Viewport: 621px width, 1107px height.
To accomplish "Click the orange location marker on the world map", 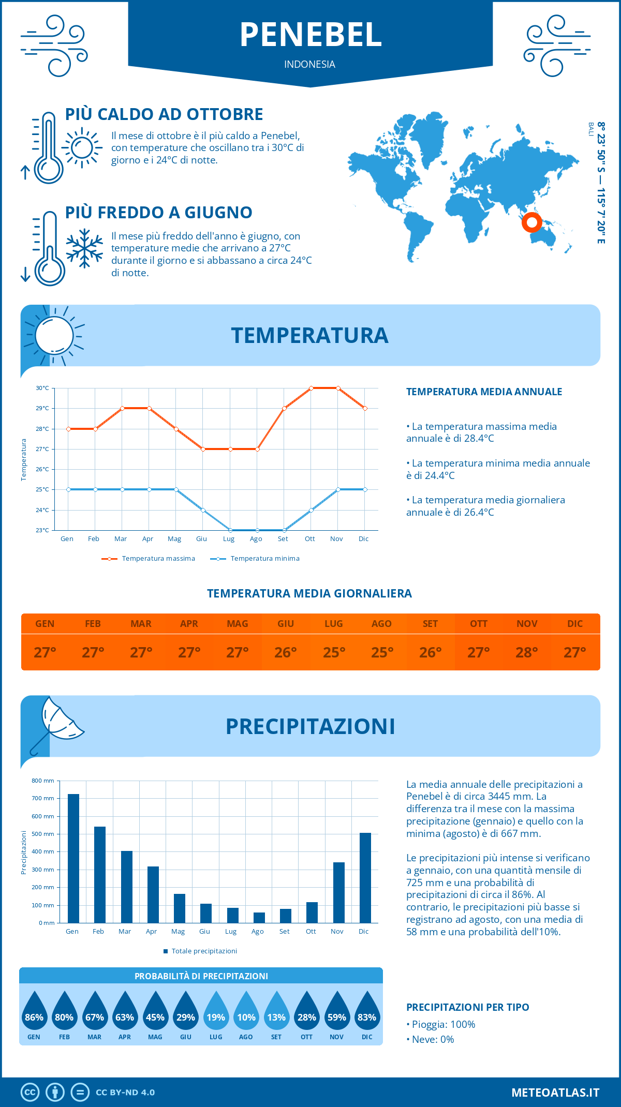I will pos(531,222).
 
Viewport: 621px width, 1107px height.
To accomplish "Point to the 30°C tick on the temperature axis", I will pos(42,388).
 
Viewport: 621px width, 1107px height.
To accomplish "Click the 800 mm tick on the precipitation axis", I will pos(43,781).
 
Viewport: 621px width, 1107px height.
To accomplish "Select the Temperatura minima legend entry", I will pos(255,559).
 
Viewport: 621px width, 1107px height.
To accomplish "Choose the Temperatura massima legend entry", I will pos(149,559).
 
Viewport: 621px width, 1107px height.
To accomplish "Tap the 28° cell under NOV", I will pos(527,652).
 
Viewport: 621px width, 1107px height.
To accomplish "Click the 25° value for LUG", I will pos(334,652).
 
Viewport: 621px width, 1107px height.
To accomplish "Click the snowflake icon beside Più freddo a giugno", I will pos(84,248).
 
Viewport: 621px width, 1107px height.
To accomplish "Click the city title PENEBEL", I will pos(310,35).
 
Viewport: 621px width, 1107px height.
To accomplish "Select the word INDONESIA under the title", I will pos(309,64).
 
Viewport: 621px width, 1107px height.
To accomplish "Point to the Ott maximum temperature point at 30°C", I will pos(311,388).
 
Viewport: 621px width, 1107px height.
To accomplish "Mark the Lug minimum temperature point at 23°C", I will pos(230,530).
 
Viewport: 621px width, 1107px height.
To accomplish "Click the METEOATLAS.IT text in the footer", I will pos(555,1092).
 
